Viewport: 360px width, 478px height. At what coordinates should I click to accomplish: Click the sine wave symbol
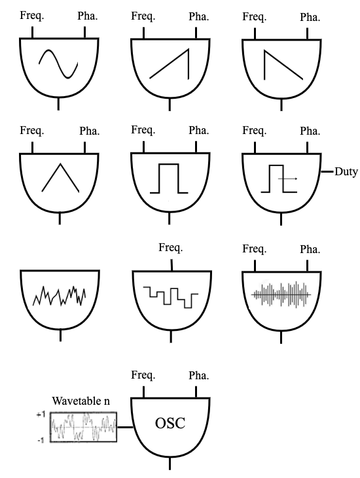pyautogui.click(x=58, y=63)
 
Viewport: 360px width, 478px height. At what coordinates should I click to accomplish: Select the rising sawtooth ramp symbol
pyautogui.click(x=170, y=64)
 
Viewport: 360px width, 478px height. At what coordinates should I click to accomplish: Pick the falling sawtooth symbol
pyautogui.click(x=283, y=65)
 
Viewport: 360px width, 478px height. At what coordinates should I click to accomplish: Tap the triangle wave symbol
pyautogui.click(x=60, y=178)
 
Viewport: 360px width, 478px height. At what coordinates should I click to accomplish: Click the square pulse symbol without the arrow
pyautogui.click(x=169, y=179)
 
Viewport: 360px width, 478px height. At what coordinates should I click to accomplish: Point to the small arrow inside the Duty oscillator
pyautogui.click(x=288, y=179)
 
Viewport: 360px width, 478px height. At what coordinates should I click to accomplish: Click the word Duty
pyautogui.click(x=346, y=171)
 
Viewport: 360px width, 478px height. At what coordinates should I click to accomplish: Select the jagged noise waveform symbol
pyautogui.click(x=59, y=296)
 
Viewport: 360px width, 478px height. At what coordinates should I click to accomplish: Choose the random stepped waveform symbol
pyautogui.click(x=171, y=297)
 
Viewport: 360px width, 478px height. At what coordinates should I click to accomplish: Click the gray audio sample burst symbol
pyautogui.click(x=281, y=294)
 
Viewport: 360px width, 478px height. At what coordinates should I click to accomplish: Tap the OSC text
pyautogui.click(x=170, y=423)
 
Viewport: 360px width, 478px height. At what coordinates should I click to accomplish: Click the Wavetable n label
pyautogui.click(x=81, y=401)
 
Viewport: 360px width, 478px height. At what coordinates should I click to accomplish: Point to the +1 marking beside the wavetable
pyautogui.click(x=41, y=415)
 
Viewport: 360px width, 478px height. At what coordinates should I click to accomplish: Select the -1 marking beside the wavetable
pyautogui.click(x=41, y=440)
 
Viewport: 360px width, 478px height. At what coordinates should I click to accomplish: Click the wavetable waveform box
pyautogui.click(x=83, y=427)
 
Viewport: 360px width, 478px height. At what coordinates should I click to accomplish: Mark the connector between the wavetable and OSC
pyautogui.click(x=125, y=427)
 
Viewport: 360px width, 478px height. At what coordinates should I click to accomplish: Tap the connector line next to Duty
pyautogui.click(x=327, y=172)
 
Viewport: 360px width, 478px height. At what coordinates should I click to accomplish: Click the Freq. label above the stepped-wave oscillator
pyautogui.click(x=171, y=248)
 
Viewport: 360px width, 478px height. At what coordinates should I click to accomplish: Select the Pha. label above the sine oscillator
pyautogui.click(x=88, y=16)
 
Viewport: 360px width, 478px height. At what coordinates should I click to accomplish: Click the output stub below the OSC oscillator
pyautogui.click(x=170, y=464)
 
